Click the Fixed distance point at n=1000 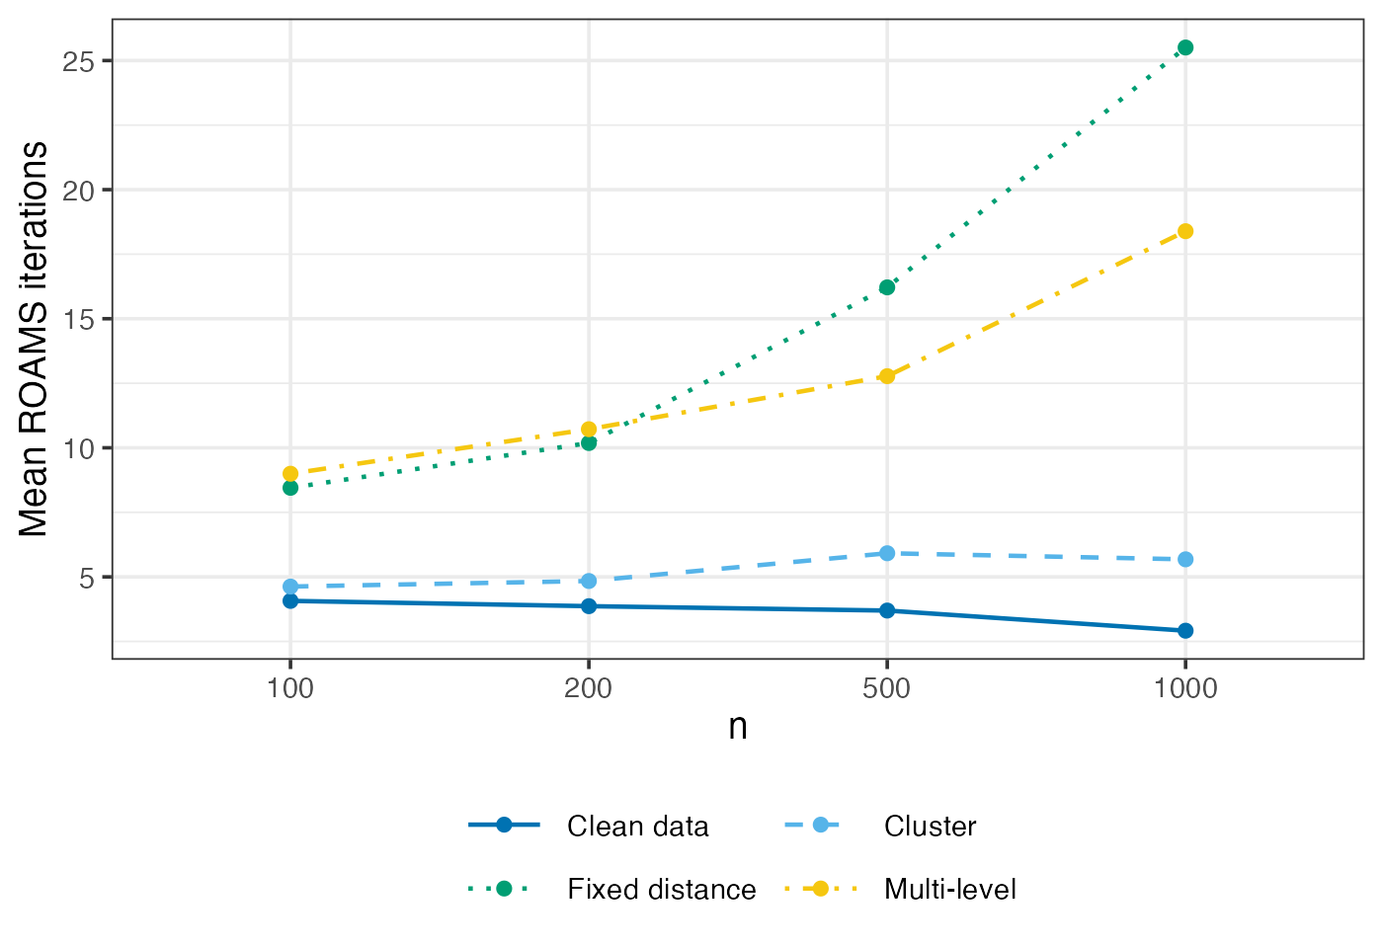(x=1185, y=47)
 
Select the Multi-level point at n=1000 (x=1185, y=231)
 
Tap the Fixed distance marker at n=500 (x=887, y=287)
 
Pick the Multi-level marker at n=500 (x=887, y=375)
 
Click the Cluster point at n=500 (x=887, y=553)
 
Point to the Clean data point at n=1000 (x=1185, y=630)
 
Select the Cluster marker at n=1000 (x=1185, y=559)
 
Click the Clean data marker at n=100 (x=290, y=600)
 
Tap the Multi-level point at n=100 (x=290, y=473)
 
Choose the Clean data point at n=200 (x=589, y=605)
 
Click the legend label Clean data (x=637, y=827)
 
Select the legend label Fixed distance (x=661, y=890)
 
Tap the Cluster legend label (x=930, y=827)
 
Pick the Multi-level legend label (x=949, y=890)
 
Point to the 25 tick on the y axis (x=78, y=61)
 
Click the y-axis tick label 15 (x=78, y=319)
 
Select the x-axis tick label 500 (x=887, y=688)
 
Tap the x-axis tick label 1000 (x=1185, y=688)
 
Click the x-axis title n (x=738, y=727)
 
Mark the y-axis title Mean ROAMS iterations (x=35, y=339)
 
